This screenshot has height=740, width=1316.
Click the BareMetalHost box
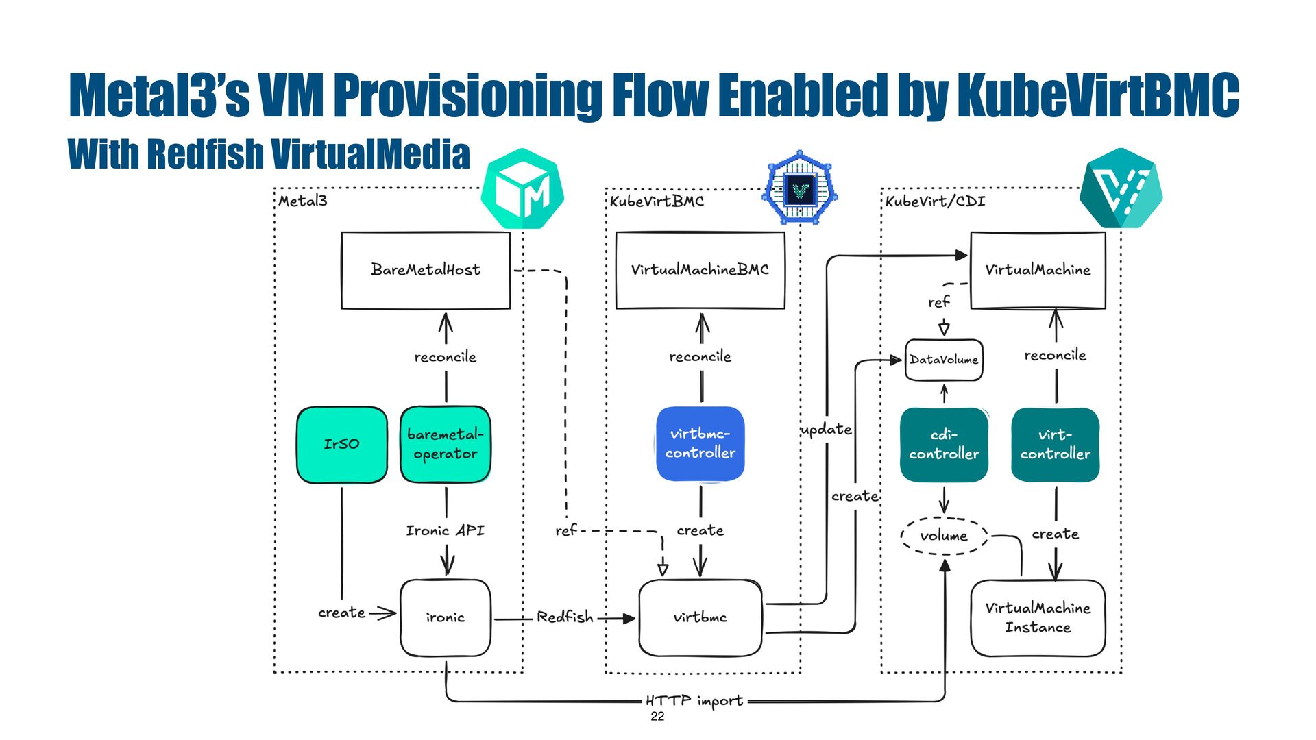coord(426,270)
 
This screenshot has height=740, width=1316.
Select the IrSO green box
coord(342,445)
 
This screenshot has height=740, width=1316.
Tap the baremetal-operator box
coord(446,445)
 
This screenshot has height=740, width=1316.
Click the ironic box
coord(446,617)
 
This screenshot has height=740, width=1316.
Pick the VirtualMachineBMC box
coord(700,270)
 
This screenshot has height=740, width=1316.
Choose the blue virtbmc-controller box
coord(700,444)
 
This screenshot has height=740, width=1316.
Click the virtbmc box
coord(700,617)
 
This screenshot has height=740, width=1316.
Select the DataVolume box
coord(944,360)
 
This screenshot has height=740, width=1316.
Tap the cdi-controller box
coord(944,445)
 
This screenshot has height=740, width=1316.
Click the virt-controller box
coord(1056,445)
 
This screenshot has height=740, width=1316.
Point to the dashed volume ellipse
coord(944,535)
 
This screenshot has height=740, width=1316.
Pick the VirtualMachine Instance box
coord(1038,618)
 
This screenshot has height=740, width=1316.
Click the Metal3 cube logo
coord(522,188)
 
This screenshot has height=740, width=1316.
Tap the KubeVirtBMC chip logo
coord(800,187)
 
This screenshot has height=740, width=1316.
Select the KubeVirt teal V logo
coord(1121,188)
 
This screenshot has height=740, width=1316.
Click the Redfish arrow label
coord(565,617)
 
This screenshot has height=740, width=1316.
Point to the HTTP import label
coord(694,701)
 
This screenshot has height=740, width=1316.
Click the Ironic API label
coord(446,530)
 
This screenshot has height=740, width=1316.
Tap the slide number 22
coord(657,717)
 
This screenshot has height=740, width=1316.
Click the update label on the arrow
coord(826,430)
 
